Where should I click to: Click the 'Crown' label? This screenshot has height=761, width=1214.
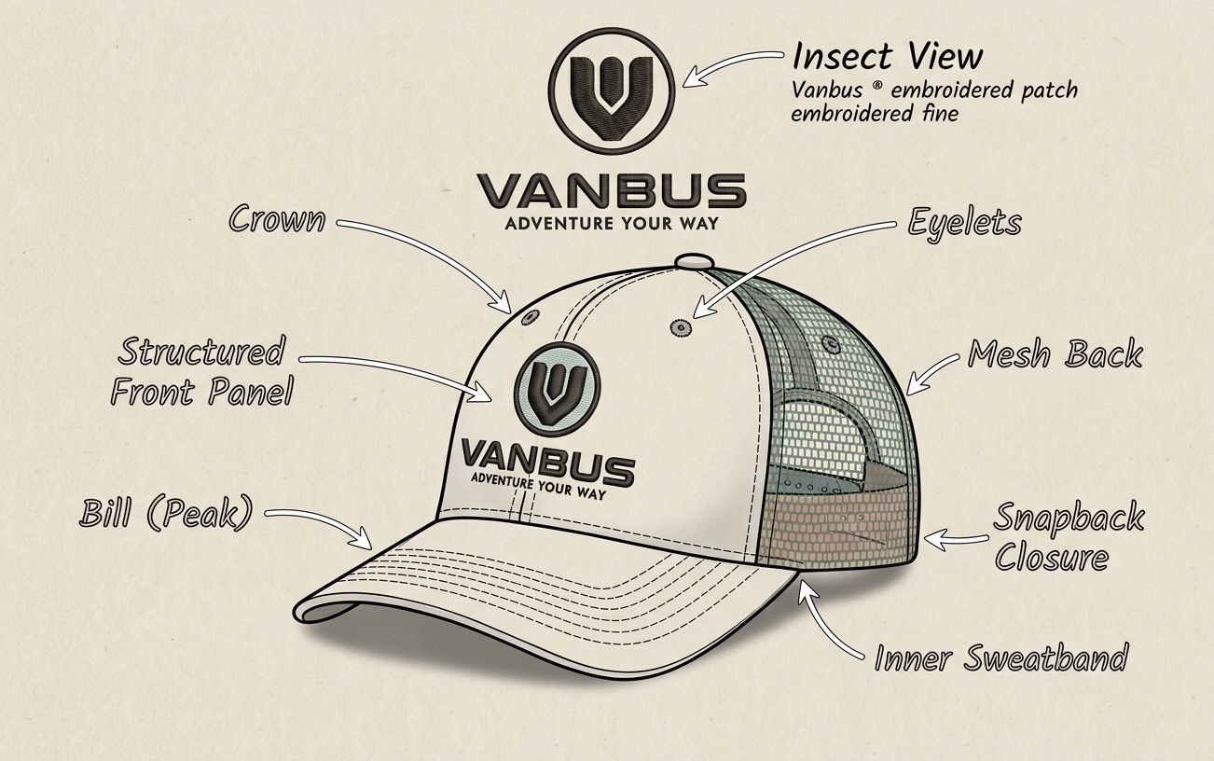[277, 219]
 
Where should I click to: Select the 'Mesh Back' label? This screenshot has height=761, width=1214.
[1055, 354]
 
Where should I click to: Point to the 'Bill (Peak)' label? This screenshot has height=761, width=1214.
[166, 513]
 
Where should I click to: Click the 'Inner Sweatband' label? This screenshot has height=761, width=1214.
[1001, 657]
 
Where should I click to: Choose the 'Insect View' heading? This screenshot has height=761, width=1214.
[888, 56]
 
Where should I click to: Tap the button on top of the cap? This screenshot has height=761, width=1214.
[693, 261]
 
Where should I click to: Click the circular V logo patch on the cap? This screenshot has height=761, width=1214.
[558, 389]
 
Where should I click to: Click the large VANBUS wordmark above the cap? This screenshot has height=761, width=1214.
[612, 191]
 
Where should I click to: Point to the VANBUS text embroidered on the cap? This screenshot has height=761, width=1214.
[547, 462]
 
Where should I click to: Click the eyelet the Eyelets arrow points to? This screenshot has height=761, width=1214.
[679, 327]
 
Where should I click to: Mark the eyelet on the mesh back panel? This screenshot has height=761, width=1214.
[829, 343]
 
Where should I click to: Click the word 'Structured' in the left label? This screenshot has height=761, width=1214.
[201, 351]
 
